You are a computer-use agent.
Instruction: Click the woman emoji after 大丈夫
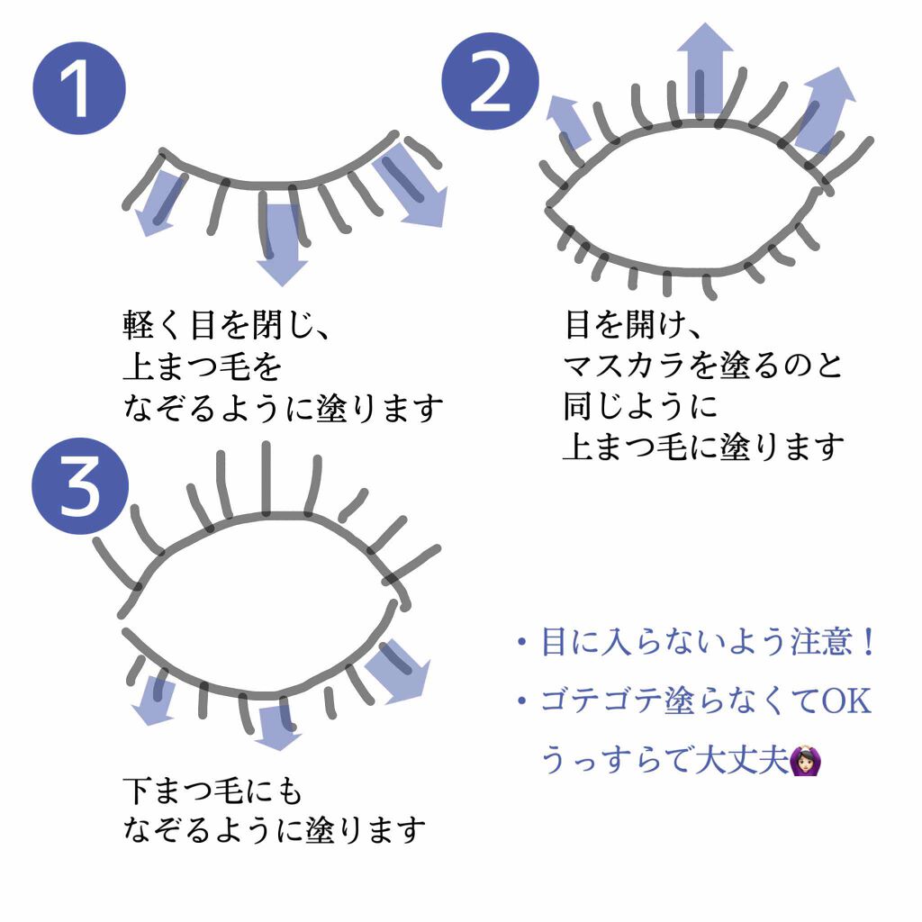coord(803,763)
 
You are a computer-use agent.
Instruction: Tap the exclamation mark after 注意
coord(867,643)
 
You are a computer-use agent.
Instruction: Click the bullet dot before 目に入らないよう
coord(520,644)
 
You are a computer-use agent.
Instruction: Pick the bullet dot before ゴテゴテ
coord(520,701)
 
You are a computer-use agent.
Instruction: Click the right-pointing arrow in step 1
coord(413,191)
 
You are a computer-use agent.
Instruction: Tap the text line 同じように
coord(639,406)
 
